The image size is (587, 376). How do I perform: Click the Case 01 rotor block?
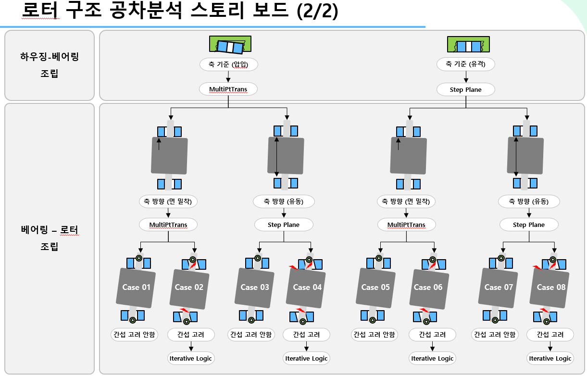tap(137, 287)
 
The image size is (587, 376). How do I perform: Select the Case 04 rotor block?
tap(307, 287)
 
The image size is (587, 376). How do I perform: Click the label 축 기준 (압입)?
tap(228, 64)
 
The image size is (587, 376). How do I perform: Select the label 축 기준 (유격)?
tap(465, 64)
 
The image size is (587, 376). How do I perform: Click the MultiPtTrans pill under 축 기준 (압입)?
tap(228, 89)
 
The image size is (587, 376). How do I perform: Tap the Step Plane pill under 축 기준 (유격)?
tap(466, 89)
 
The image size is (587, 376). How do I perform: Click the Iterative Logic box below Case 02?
tap(191, 358)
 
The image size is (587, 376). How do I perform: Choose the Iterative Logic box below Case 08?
tap(550, 358)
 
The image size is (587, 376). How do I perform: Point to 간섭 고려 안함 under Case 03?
tap(250, 335)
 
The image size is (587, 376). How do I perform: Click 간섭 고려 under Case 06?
tap(432, 335)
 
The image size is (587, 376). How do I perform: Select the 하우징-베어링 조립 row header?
tap(50, 65)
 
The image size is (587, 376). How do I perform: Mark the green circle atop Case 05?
tap(379, 258)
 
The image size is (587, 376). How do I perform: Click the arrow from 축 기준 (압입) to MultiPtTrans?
tap(228, 76)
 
